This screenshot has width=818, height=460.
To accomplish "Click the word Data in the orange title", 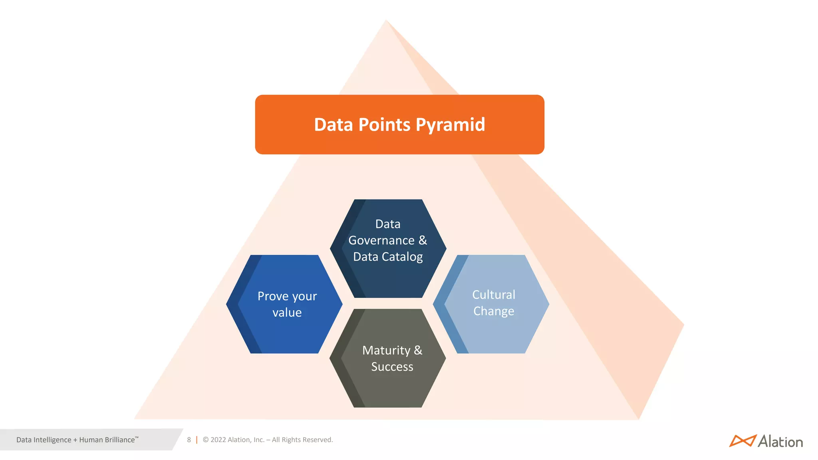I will (x=334, y=125).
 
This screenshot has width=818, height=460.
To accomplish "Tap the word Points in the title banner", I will (x=384, y=125).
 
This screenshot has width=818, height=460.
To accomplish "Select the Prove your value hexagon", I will (x=284, y=304).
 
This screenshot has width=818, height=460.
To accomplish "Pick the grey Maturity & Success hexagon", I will (x=388, y=358).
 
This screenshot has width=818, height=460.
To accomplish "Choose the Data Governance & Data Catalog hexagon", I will (x=388, y=248).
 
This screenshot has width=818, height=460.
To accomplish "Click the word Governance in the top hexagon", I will (x=381, y=240).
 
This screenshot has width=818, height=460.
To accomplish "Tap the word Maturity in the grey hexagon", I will (x=386, y=350).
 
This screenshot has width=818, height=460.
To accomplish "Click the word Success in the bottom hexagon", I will (x=392, y=367).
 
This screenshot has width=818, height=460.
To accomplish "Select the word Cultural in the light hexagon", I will (x=494, y=295).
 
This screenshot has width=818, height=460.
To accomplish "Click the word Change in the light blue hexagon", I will (x=494, y=311).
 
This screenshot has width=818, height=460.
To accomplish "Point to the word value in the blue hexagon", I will (x=287, y=313).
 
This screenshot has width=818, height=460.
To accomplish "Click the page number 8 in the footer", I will (x=189, y=440).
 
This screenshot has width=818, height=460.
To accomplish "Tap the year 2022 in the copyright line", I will (x=218, y=440).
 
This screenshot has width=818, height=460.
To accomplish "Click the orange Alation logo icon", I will (x=742, y=441).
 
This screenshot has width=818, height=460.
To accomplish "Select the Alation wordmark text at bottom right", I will (x=780, y=442).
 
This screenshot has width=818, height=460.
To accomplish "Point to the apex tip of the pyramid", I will (x=386, y=21).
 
